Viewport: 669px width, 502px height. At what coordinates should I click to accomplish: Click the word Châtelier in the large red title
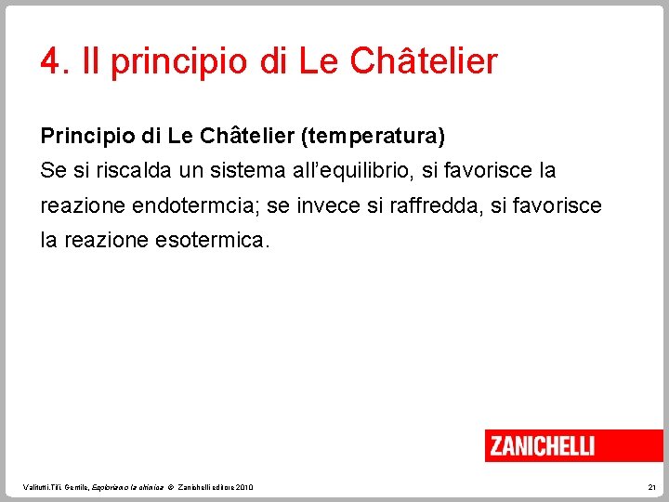[x=426, y=62]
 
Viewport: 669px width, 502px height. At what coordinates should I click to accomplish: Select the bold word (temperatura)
[x=373, y=137]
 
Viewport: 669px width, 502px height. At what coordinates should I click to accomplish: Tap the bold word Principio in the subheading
[x=82, y=137]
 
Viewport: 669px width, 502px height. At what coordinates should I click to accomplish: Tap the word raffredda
[x=453, y=205]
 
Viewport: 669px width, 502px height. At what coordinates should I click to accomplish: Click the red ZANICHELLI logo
[x=543, y=445]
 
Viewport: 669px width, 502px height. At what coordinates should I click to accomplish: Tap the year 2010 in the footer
[x=244, y=487]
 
